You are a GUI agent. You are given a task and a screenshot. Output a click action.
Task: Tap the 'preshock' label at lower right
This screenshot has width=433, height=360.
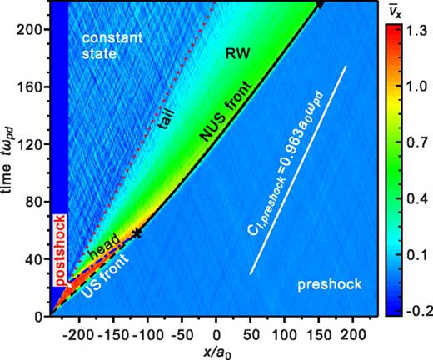(x=329, y=285)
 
